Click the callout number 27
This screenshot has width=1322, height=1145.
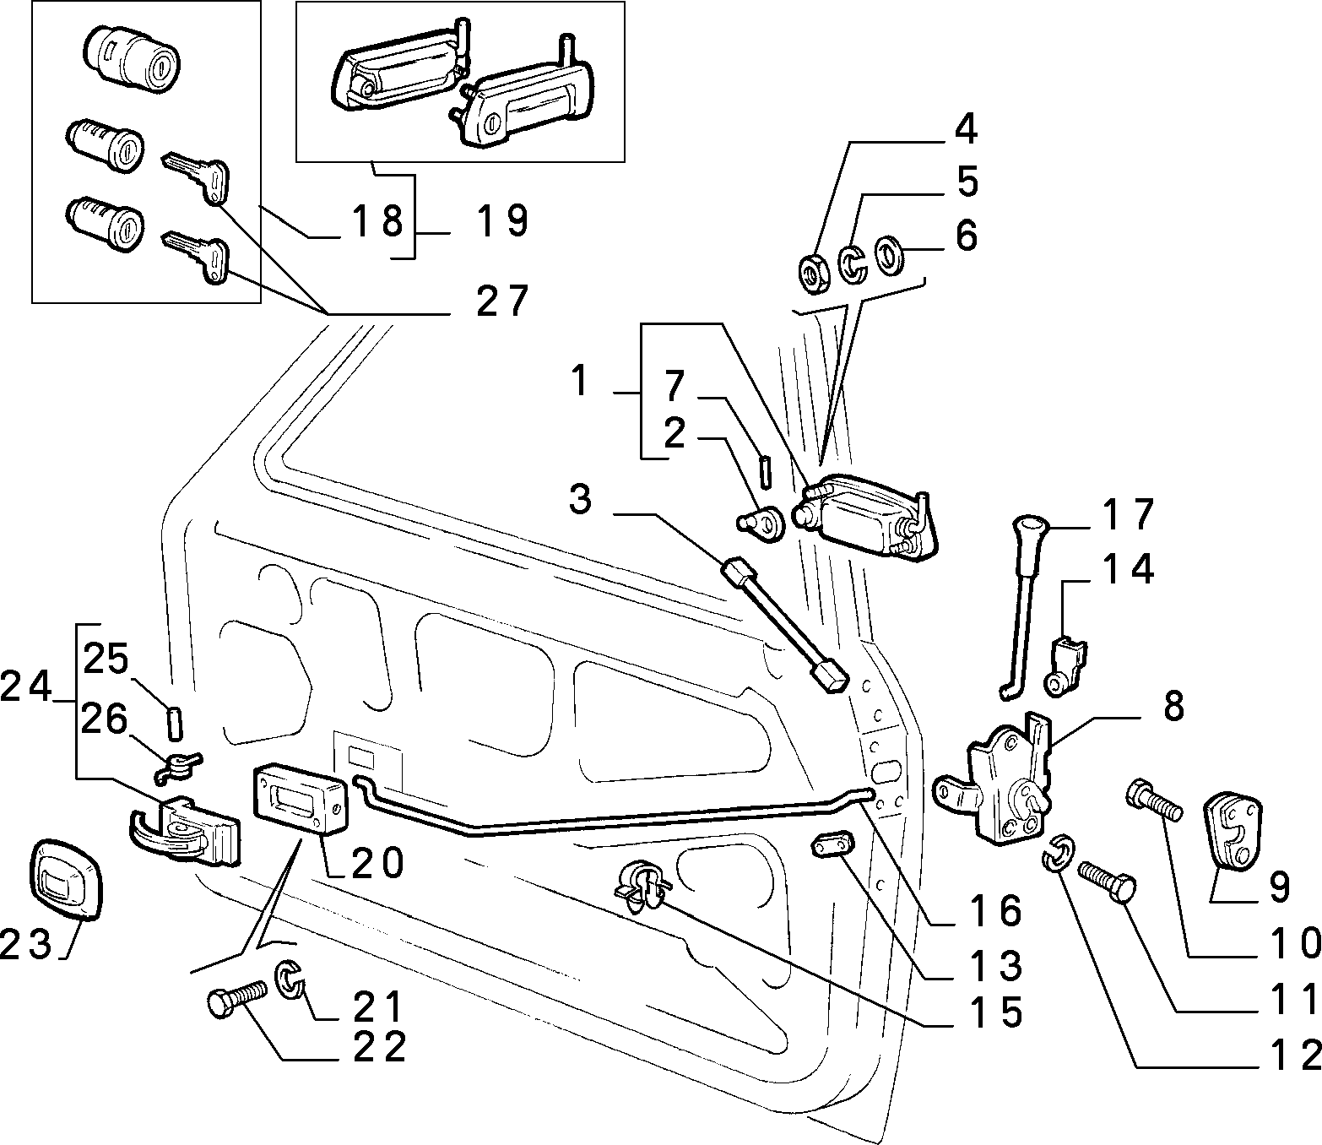pyautogui.click(x=502, y=300)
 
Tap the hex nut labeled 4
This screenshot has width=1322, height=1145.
pyautogui.click(x=814, y=274)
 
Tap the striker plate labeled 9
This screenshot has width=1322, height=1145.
pyautogui.click(x=1233, y=830)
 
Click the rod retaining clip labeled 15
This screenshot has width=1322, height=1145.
pyautogui.click(x=642, y=887)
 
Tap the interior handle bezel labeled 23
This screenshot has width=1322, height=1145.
pyautogui.click(x=67, y=883)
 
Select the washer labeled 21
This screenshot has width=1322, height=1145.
pyautogui.click(x=290, y=979)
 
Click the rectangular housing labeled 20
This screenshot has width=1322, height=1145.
pyautogui.click(x=301, y=800)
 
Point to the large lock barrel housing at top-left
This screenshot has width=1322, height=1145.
pyautogui.click(x=132, y=59)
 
